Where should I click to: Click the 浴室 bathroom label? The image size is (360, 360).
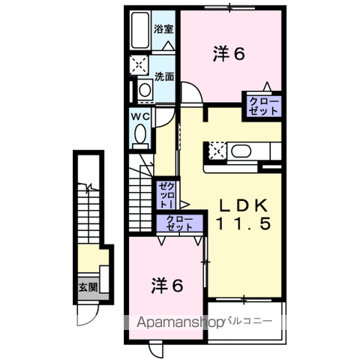pyautogui.click(x=163, y=29)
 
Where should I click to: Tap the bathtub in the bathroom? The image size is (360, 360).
pyautogui.click(x=140, y=30)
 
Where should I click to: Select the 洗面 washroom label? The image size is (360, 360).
pyautogui.click(x=164, y=76)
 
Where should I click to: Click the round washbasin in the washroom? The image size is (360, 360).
pyautogui.click(x=145, y=90)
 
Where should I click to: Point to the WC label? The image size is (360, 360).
pyautogui.click(x=141, y=116)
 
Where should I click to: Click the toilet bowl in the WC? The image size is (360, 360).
pyautogui.click(x=140, y=134)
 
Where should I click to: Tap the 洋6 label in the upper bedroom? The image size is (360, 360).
pyautogui.click(x=229, y=54)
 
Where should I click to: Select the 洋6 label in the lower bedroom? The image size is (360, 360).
pyautogui.click(x=167, y=286)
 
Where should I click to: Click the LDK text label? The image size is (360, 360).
pyautogui.click(x=244, y=205)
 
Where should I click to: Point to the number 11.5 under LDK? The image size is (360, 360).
pyautogui.click(x=244, y=223)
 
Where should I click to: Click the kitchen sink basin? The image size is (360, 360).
pyautogui.click(x=241, y=151)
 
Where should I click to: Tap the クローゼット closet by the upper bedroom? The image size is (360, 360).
pyautogui.click(x=264, y=106)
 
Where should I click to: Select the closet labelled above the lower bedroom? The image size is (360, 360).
pyautogui.click(x=180, y=223)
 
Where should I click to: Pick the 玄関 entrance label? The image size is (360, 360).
pyautogui.click(x=88, y=287)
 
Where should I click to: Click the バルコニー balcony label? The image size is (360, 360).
pyautogui.click(x=249, y=321)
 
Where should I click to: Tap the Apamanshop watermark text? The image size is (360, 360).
pyautogui.click(x=179, y=322)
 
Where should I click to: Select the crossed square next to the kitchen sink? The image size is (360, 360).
pyautogui.click(x=217, y=151)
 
